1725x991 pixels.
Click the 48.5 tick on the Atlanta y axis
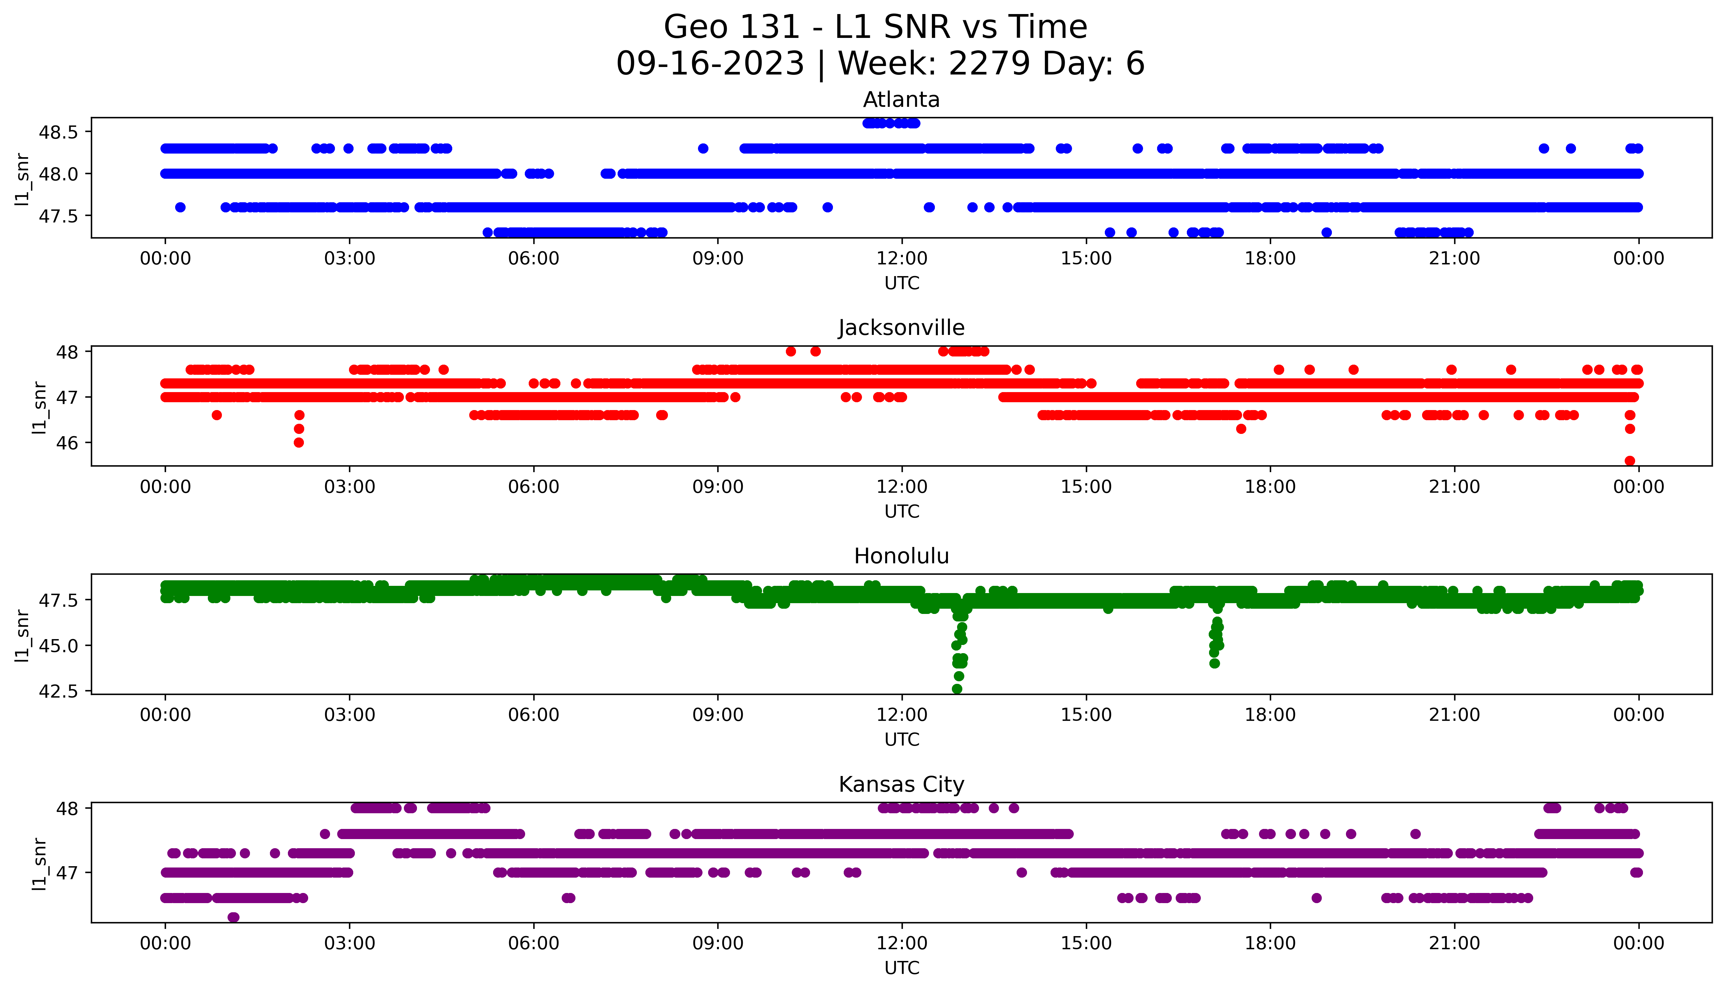click(x=58, y=132)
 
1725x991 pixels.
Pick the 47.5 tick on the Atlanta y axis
click(x=58, y=216)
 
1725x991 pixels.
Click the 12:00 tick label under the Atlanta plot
click(x=902, y=259)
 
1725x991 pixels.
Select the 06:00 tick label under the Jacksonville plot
click(x=534, y=487)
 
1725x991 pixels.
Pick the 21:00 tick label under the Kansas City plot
click(x=1454, y=943)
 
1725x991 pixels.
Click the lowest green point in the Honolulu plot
click(x=957, y=689)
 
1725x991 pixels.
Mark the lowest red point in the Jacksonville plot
click(x=1630, y=461)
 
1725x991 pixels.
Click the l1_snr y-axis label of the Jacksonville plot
click(x=40, y=407)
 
